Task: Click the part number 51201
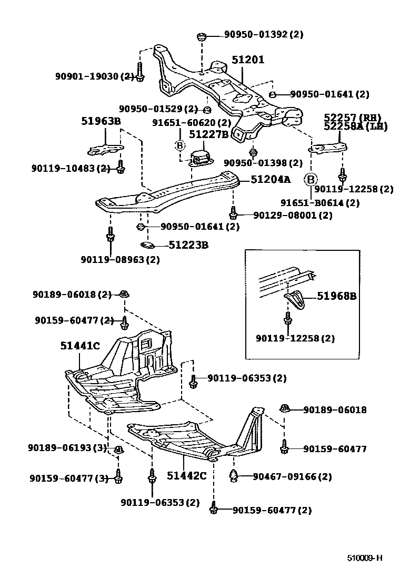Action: click(x=248, y=60)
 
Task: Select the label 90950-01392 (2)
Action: click(x=264, y=35)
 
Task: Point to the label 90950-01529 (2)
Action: click(x=158, y=109)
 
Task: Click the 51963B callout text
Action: click(x=101, y=121)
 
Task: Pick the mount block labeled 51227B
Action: click(x=201, y=157)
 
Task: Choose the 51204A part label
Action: click(x=271, y=180)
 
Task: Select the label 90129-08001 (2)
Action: click(x=293, y=215)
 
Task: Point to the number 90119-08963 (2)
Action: click(x=120, y=259)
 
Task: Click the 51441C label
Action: click(x=79, y=346)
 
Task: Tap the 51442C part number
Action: click(x=187, y=475)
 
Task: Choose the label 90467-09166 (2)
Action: click(x=292, y=476)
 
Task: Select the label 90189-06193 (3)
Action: click(x=67, y=447)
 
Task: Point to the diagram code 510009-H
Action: click(x=364, y=558)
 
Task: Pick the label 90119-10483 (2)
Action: click(x=70, y=169)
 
